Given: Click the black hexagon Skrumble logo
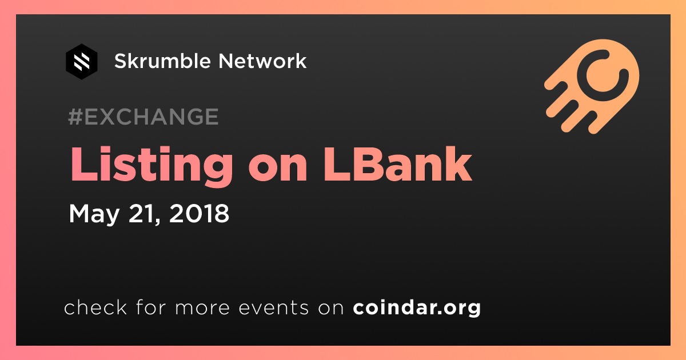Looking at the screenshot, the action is pyautogui.click(x=81, y=62).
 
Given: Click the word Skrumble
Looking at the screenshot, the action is pyautogui.click(x=162, y=61).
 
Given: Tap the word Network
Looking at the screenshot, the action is pyautogui.click(x=262, y=61).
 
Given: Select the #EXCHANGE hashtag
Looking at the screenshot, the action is pyautogui.click(x=143, y=117).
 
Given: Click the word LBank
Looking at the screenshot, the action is pyautogui.click(x=398, y=164).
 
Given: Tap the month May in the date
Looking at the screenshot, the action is pyautogui.click(x=94, y=214).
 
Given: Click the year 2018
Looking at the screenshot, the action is pyautogui.click(x=199, y=213).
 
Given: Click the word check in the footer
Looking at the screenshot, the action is pyautogui.click(x=95, y=307).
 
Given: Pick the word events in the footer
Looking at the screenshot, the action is pyautogui.click(x=273, y=307).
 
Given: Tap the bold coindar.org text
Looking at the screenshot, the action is pyautogui.click(x=417, y=307).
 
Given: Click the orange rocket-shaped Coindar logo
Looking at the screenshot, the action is pyautogui.click(x=592, y=86).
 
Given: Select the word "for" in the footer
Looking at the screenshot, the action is pyautogui.click(x=151, y=307).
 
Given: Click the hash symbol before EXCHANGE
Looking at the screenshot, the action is pyautogui.click(x=75, y=117).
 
